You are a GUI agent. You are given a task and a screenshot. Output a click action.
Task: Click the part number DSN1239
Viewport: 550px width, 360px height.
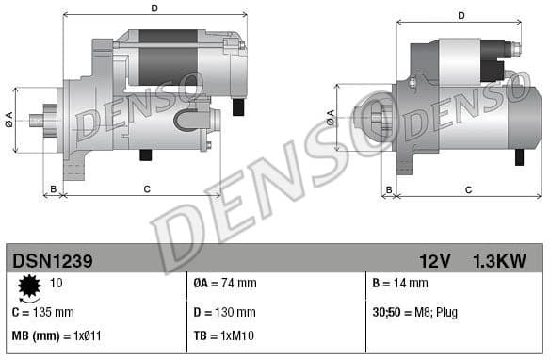[x=53, y=258]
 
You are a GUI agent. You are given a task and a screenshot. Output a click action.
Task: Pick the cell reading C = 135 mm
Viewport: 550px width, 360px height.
[x=42, y=312]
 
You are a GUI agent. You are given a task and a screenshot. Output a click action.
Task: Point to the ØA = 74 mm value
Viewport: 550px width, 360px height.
[x=225, y=284]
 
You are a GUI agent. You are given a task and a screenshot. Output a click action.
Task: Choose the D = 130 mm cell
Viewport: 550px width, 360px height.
[x=224, y=312]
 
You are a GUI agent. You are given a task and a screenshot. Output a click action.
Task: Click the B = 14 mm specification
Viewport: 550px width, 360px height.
[x=400, y=284]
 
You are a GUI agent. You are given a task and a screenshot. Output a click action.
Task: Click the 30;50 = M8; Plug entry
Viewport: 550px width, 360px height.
[x=415, y=312]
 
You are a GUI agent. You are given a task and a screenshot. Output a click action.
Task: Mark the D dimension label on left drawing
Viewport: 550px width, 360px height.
[x=154, y=8]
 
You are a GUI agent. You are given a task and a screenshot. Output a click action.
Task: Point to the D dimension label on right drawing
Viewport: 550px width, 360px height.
[x=461, y=15]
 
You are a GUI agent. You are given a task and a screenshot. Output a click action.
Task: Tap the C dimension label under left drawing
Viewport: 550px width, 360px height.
[x=147, y=189]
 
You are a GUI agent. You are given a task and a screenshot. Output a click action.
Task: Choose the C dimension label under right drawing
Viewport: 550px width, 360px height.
[x=468, y=189]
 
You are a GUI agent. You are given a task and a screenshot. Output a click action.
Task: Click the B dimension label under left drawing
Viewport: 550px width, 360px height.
[x=54, y=189]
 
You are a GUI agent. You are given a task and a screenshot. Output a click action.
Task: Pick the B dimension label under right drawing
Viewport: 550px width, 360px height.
[x=389, y=189]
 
